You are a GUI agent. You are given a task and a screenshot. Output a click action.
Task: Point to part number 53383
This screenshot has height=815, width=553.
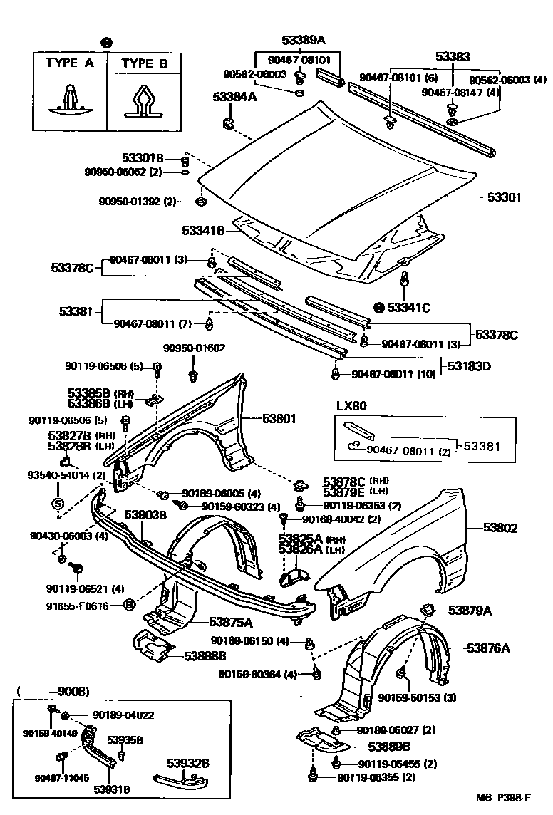coord(451,57)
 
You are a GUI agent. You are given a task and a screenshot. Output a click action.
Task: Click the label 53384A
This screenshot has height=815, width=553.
coord(234,97)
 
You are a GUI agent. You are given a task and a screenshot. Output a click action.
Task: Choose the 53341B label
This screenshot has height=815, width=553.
coord(203,231)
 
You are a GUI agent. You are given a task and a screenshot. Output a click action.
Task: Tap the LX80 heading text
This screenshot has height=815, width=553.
coord(351,405)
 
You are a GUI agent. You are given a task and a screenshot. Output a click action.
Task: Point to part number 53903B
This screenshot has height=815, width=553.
coord(145,514)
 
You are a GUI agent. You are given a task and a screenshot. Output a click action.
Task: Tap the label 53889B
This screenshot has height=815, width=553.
coord(389,747)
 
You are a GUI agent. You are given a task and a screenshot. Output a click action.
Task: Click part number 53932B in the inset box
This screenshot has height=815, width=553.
coord(188,764)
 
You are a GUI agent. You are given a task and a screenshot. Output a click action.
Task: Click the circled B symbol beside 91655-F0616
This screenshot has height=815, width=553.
coord(130,606)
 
